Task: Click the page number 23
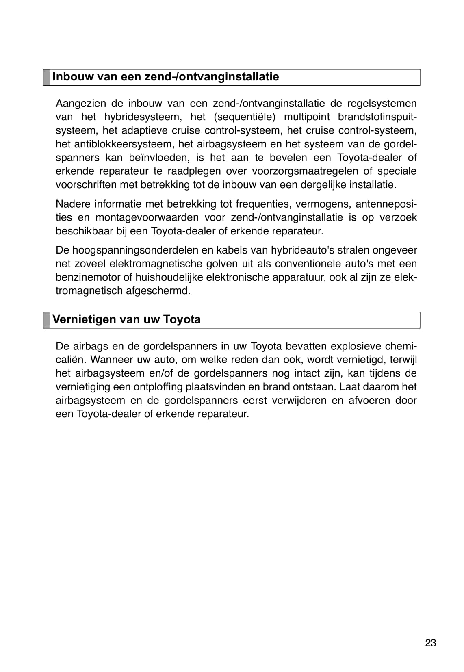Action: (x=430, y=643)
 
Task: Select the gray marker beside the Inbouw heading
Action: (x=46, y=77)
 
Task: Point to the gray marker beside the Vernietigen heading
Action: (x=46, y=320)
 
